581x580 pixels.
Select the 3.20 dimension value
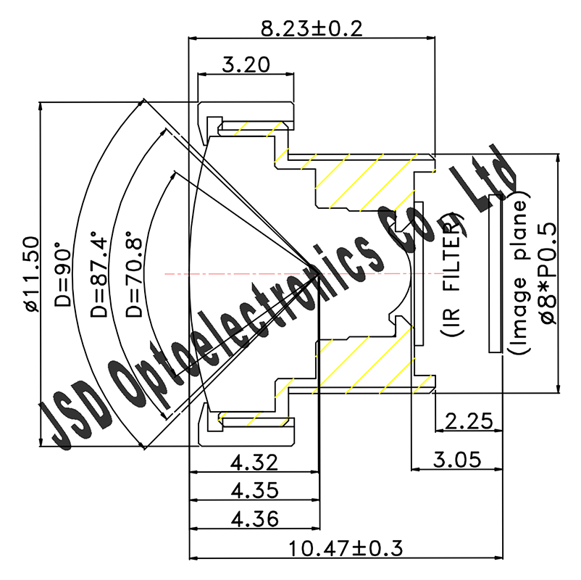coord(246,65)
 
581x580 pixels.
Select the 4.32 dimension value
coord(254,463)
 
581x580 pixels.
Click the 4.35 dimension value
coord(254,491)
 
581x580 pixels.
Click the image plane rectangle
coord(498,274)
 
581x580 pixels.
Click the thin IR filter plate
coord(418,274)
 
